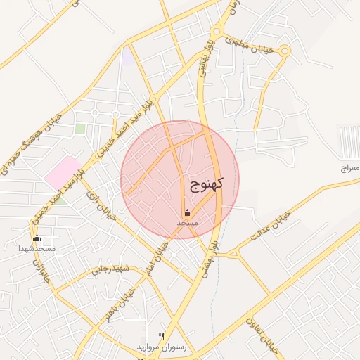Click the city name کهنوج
(x=206, y=185)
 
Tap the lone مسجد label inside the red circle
(x=187, y=222)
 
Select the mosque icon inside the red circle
(x=187, y=213)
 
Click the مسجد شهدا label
(x=37, y=248)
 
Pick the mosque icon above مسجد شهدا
(x=37, y=238)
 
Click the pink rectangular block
(x=63, y=172)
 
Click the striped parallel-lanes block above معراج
(x=349, y=141)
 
